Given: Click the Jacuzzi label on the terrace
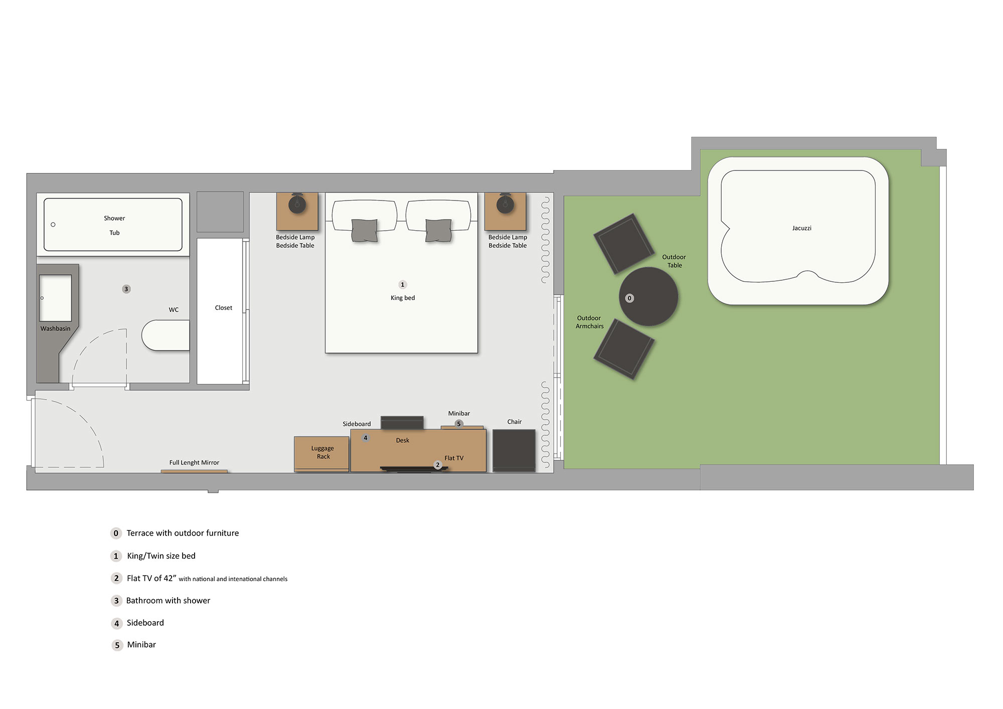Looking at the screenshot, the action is [801, 228].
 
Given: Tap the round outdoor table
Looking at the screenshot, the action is [648, 296].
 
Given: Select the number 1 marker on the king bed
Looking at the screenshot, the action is [402, 285].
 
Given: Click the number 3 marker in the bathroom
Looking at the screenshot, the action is [126, 289].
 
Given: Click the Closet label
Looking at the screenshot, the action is [224, 308].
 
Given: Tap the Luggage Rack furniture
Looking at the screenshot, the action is [321, 454].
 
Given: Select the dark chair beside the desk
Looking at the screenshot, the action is [514, 450].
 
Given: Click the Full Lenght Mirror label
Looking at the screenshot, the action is [194, 462].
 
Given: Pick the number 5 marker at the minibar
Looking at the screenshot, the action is [458, 424].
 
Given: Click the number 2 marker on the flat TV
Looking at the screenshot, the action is [437, 465].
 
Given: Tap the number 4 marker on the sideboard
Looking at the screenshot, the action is [366, 438].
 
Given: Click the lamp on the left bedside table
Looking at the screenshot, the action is [297, 204].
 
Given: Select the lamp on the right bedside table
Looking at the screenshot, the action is [505, 204].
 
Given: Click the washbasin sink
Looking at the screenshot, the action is [55, 298].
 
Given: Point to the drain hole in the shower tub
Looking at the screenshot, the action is [53, 225].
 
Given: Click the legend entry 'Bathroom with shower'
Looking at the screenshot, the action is [168, 601].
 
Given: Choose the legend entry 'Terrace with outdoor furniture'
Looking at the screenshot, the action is [183, 533].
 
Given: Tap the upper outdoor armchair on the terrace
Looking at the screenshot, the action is [624, 244].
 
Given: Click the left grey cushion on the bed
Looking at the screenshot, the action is [365, 231].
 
